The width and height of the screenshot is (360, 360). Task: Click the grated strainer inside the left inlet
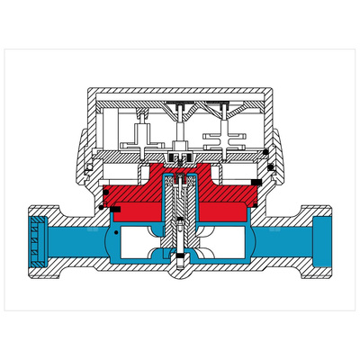37,242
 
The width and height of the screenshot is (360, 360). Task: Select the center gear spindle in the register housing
181,135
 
